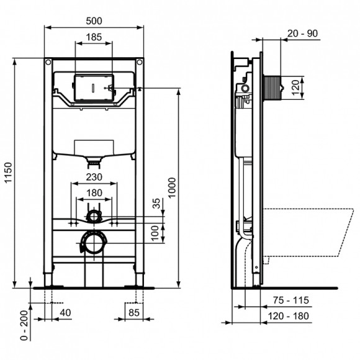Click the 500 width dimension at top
tap(95, 20)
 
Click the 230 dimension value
tap(94, 177)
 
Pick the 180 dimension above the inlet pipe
tap(94, 193)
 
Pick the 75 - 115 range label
tap(292, 300)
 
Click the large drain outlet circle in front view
tap(92, 243)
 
